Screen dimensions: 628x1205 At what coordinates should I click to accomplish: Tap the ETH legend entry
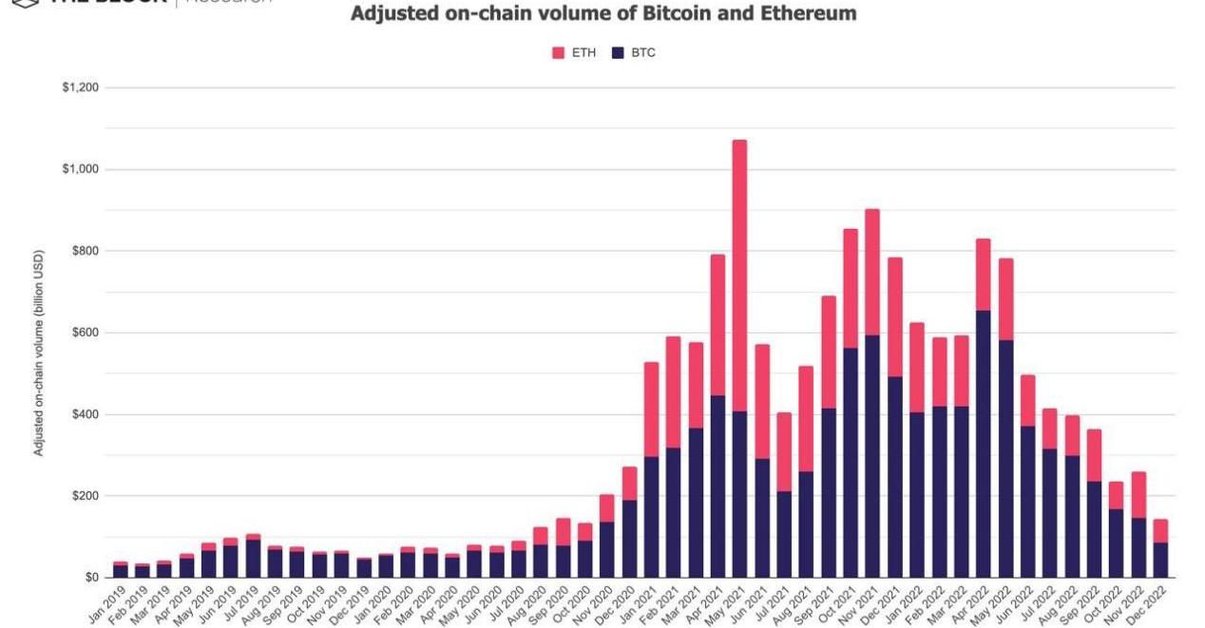click(x=574, y=53)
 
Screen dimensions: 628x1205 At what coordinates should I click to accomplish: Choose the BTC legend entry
click(x=634, y=53)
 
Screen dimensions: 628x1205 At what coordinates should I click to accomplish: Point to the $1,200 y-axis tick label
click(x=80, y=88)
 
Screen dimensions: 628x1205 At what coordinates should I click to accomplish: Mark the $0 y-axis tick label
click(x=91, y=578)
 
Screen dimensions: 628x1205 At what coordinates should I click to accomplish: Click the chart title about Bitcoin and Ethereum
click(x=603, y=14)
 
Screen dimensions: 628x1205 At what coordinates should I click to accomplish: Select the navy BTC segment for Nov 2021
click(x=872, y=456)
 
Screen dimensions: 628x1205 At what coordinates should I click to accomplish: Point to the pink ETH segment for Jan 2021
click(x=651, y=409)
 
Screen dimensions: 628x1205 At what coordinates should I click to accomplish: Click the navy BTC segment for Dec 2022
click(x=1160, y=561)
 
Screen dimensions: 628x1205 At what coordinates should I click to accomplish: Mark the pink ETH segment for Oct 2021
click(x=851, y=289)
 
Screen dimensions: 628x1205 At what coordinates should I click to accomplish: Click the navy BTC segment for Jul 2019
click(x=253, y=559)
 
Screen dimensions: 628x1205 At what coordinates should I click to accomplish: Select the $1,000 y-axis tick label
click(x=80, y=170)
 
